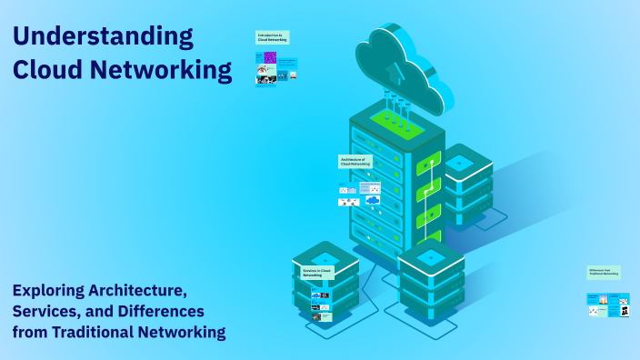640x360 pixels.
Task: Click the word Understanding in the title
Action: pyautogui.click(x=103, y=37)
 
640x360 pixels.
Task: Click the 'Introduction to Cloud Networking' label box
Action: pyautogui.click(x=272, y=38)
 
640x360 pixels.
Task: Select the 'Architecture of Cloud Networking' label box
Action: pyautogui.click(x=355, y=161)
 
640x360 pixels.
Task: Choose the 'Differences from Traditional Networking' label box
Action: pyautogui.click(x=604, y=272)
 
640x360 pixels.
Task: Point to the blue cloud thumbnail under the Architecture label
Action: pyautogui.click(x=372, y=200)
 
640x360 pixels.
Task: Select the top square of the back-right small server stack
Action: pyautogui.click(x=460, y=162)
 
